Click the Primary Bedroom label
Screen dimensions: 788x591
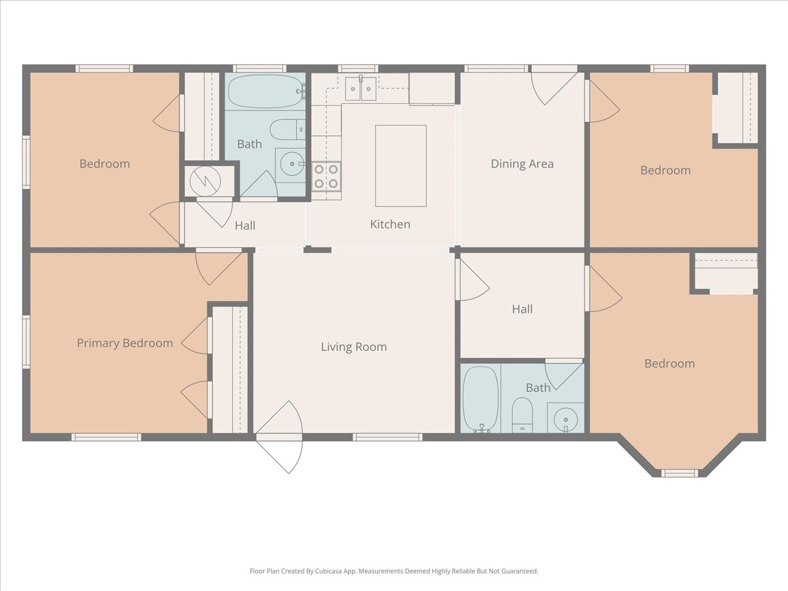coord(125,343)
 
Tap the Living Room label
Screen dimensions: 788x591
coord(354,347)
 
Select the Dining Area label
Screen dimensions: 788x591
coord(522,164)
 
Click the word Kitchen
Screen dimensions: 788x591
coord(390,225)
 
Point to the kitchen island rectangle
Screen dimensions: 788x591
coord(401,165)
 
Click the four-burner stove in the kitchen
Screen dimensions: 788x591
coord(326,176)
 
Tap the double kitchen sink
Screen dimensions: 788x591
coord(361,89)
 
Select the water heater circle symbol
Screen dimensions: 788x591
coord(206,182)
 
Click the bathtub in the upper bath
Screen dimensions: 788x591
coord(266,91)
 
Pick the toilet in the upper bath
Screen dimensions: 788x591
coord(288,129)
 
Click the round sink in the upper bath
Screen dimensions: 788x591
coord(292,164)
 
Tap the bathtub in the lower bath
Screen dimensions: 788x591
coord(481,399)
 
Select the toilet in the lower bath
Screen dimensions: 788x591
coord(522,415)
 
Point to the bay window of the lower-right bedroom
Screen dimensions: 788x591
coord(680,473)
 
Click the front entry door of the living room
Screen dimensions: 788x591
coord(280,437)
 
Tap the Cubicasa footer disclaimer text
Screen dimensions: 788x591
coord(394,571)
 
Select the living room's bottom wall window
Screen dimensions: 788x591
coord(387,437)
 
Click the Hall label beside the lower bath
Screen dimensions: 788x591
coord(522,309)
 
